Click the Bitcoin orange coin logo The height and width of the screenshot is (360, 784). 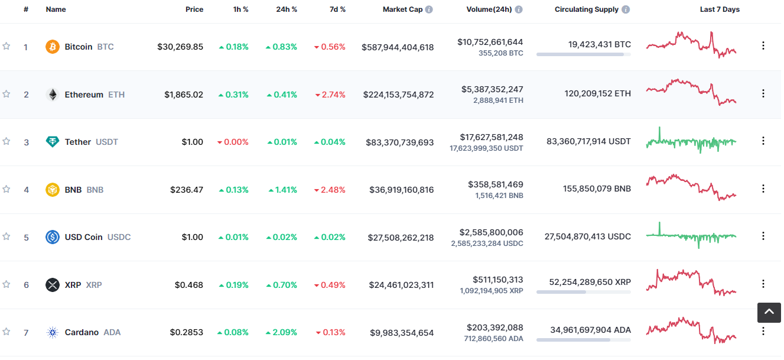point(53,47)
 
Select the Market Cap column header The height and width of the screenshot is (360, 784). point(402,9)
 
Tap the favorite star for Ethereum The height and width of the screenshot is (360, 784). point(6,94)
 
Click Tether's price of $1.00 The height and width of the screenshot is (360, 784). point(193,142)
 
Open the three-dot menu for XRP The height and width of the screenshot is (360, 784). point(763,284)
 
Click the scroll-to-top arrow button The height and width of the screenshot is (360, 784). point(769,312)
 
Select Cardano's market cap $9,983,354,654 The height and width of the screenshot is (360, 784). point(402,333)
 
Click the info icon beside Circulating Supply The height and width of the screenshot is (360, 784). point(626,9)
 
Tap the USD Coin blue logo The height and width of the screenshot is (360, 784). point(53,237)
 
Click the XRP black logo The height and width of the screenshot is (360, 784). point(53,285)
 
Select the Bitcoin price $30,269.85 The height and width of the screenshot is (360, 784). point(180,47)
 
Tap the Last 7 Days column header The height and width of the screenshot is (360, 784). point(719,9)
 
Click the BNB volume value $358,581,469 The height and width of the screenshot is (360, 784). point(495,184)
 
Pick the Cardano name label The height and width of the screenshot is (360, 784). point(82,332)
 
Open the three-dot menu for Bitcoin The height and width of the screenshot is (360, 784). point(763,46)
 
